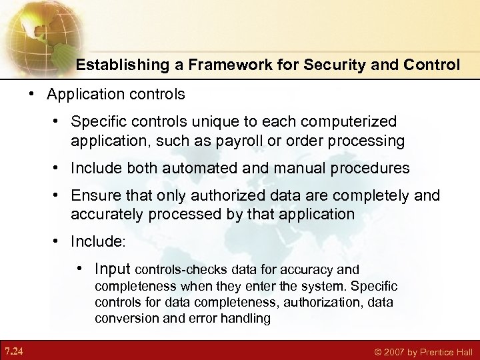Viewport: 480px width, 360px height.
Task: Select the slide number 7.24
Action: [x=13, y=349]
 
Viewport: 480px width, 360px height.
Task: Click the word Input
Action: [x=113, y=269]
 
